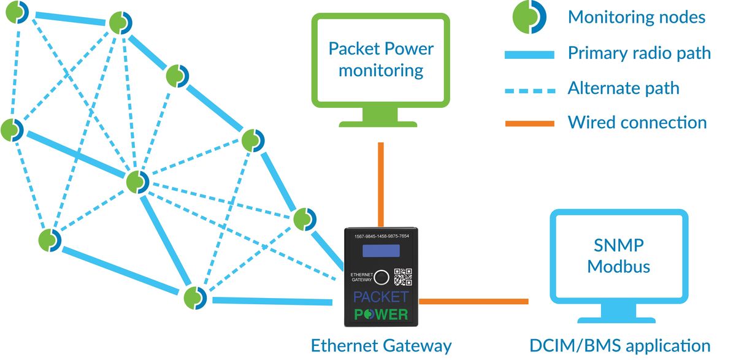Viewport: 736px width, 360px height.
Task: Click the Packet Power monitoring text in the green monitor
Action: tap(380, 59)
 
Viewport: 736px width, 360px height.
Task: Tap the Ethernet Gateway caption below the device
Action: tap(381, 345)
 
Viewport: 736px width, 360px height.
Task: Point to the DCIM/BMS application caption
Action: tap(620, 345)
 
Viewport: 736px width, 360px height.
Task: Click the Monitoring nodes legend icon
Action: tap(529, 17)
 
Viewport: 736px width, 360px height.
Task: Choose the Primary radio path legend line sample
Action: tap(529, 55)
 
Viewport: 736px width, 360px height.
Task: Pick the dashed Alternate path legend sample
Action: tap(529, 89)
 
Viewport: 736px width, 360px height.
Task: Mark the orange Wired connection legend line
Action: tap(529, 123)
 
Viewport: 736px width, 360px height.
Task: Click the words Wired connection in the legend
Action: tap(637, 122)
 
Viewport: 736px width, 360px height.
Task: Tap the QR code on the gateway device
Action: tap(402, 277)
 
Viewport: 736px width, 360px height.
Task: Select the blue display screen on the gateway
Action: tap(380, 251)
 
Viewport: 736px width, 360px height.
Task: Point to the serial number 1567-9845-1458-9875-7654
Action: tap(381, 236)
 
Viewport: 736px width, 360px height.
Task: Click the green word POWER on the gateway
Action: tap(381, 315)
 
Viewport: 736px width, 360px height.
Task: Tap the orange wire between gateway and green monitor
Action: tap(381, 184)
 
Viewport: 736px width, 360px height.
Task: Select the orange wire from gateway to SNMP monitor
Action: tap(472, 301)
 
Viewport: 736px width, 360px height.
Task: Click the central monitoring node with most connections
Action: tap(137, 182)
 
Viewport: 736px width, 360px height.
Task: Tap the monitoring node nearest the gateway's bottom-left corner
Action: tap(196, 298)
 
